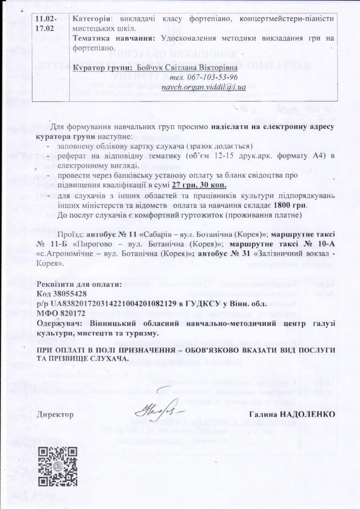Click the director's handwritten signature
point(158,412)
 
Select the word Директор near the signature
point(55,414)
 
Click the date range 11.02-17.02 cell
point(47,23)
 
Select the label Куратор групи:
point(97,68)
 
